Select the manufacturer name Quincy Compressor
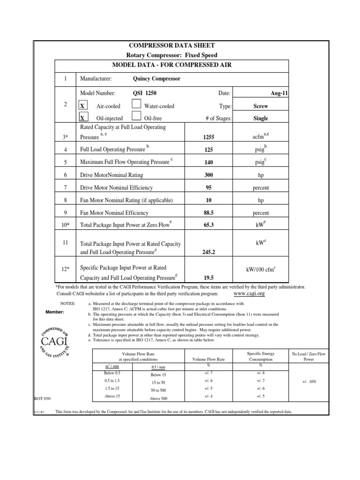point(157,79)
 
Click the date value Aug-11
point(279,94)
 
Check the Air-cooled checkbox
point(82,106)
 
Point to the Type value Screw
point(261,106)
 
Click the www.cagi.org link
point(249,293)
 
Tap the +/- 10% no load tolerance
point(309,382)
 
